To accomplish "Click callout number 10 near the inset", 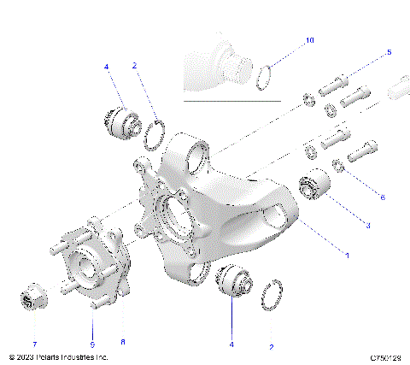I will point(310,40).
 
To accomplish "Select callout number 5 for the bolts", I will point(389,52).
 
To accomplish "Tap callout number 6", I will point(381,197).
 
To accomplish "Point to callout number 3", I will point(367,226).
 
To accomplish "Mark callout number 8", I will point(122,341).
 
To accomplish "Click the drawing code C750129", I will point(386,356).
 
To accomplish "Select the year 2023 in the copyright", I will point(25,356).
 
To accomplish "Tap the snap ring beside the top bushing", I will point(155,134).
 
